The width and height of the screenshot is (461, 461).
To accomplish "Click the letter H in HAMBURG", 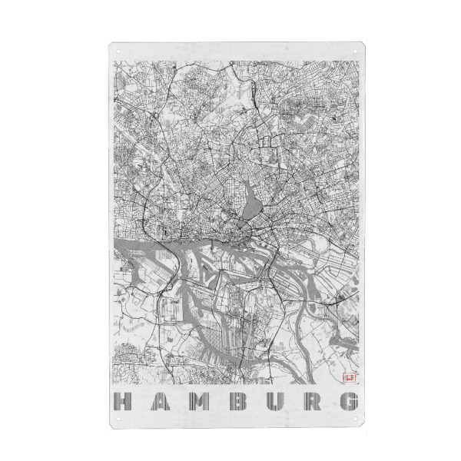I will (122, 401).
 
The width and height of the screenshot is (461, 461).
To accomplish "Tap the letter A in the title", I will (160, 401).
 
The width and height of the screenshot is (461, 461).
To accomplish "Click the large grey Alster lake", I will (251, 204).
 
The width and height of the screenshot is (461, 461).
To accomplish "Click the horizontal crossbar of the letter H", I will (122, 401).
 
